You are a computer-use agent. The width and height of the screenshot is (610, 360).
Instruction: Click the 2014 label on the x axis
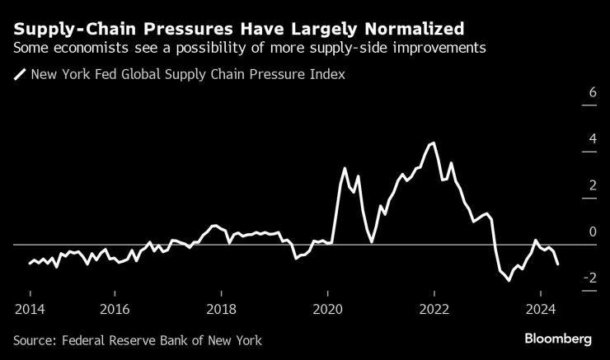pyautogui.click(x=30, y=309)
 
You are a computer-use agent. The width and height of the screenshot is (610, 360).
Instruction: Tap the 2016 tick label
pyautogui.click(x=115, y=309)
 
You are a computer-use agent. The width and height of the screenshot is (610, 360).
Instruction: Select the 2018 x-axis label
pyautogui.click(x=221, y=309)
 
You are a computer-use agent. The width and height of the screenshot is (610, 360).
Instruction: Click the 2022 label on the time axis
pyautogui.click(x=434, y=309)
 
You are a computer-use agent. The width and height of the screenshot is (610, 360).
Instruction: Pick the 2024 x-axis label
pyautogui.click(x=540, y=309)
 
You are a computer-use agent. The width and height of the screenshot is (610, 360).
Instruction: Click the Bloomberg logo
pyautogui.click(x=559, y=339)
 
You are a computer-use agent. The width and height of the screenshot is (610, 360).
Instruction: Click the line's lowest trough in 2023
pyautogui.click(x=509, y=281)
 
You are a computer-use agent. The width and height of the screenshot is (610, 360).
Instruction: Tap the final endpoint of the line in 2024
pyautogui.click(x=558, y=264)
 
